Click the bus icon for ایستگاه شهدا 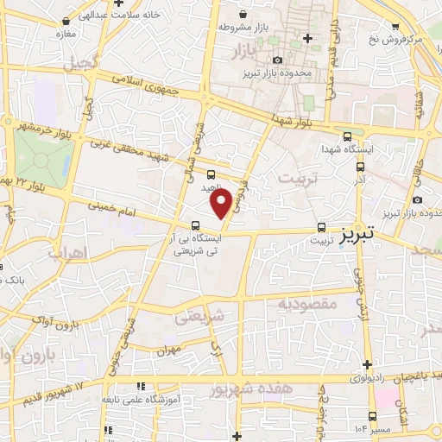pyautogui.click(x=347, y=136)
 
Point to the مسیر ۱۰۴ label pyautogui.click(x=377, y=429)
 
